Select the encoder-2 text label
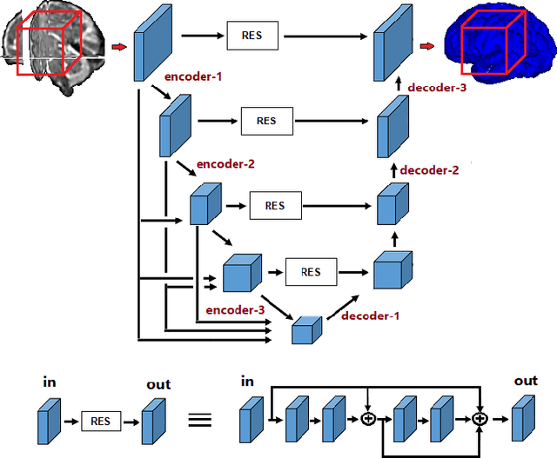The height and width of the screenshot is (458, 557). [x=225, y=163]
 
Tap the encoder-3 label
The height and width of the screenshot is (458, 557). [x=235, y=309]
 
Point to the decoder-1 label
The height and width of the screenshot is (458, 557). [x=370, y=315]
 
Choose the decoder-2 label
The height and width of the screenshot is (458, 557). [x=429, y=170]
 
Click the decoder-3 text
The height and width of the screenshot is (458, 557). [x=438, y=87]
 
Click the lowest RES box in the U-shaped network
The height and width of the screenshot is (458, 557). [x=311, y=272]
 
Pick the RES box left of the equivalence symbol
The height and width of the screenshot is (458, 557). [x=101, y=421]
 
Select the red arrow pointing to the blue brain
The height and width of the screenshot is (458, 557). [x=427, y=45]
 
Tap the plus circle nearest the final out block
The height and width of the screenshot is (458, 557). [x=479, y=419]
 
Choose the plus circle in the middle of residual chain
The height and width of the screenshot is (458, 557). [x=369, y=419]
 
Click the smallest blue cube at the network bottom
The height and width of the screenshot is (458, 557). [x=305, y=331]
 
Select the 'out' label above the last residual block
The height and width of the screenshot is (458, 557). [x=526, y=381]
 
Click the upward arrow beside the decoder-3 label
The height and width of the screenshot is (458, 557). [x=396, y=84]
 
